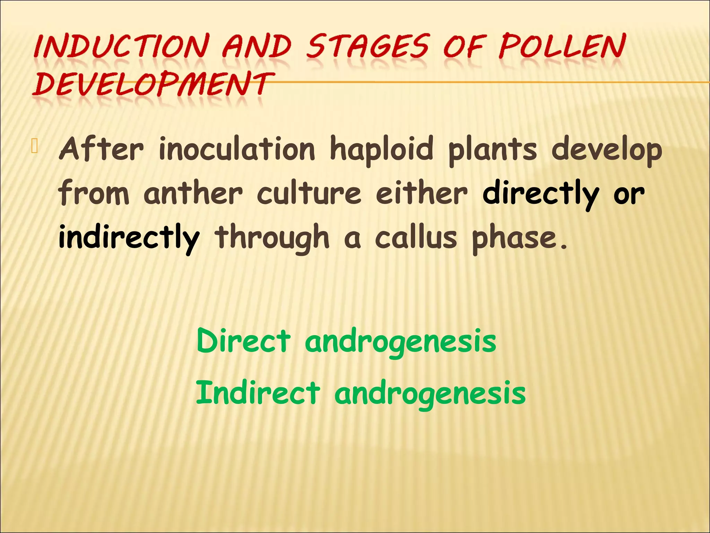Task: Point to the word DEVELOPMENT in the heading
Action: pyautogui.click(x=153, y=84)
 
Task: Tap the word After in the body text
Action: pyautogui.click(x=101, y=149)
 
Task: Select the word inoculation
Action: pyautogui.click(x=237, y=149)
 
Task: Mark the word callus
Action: pyautogui.click(x=416, y=237)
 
